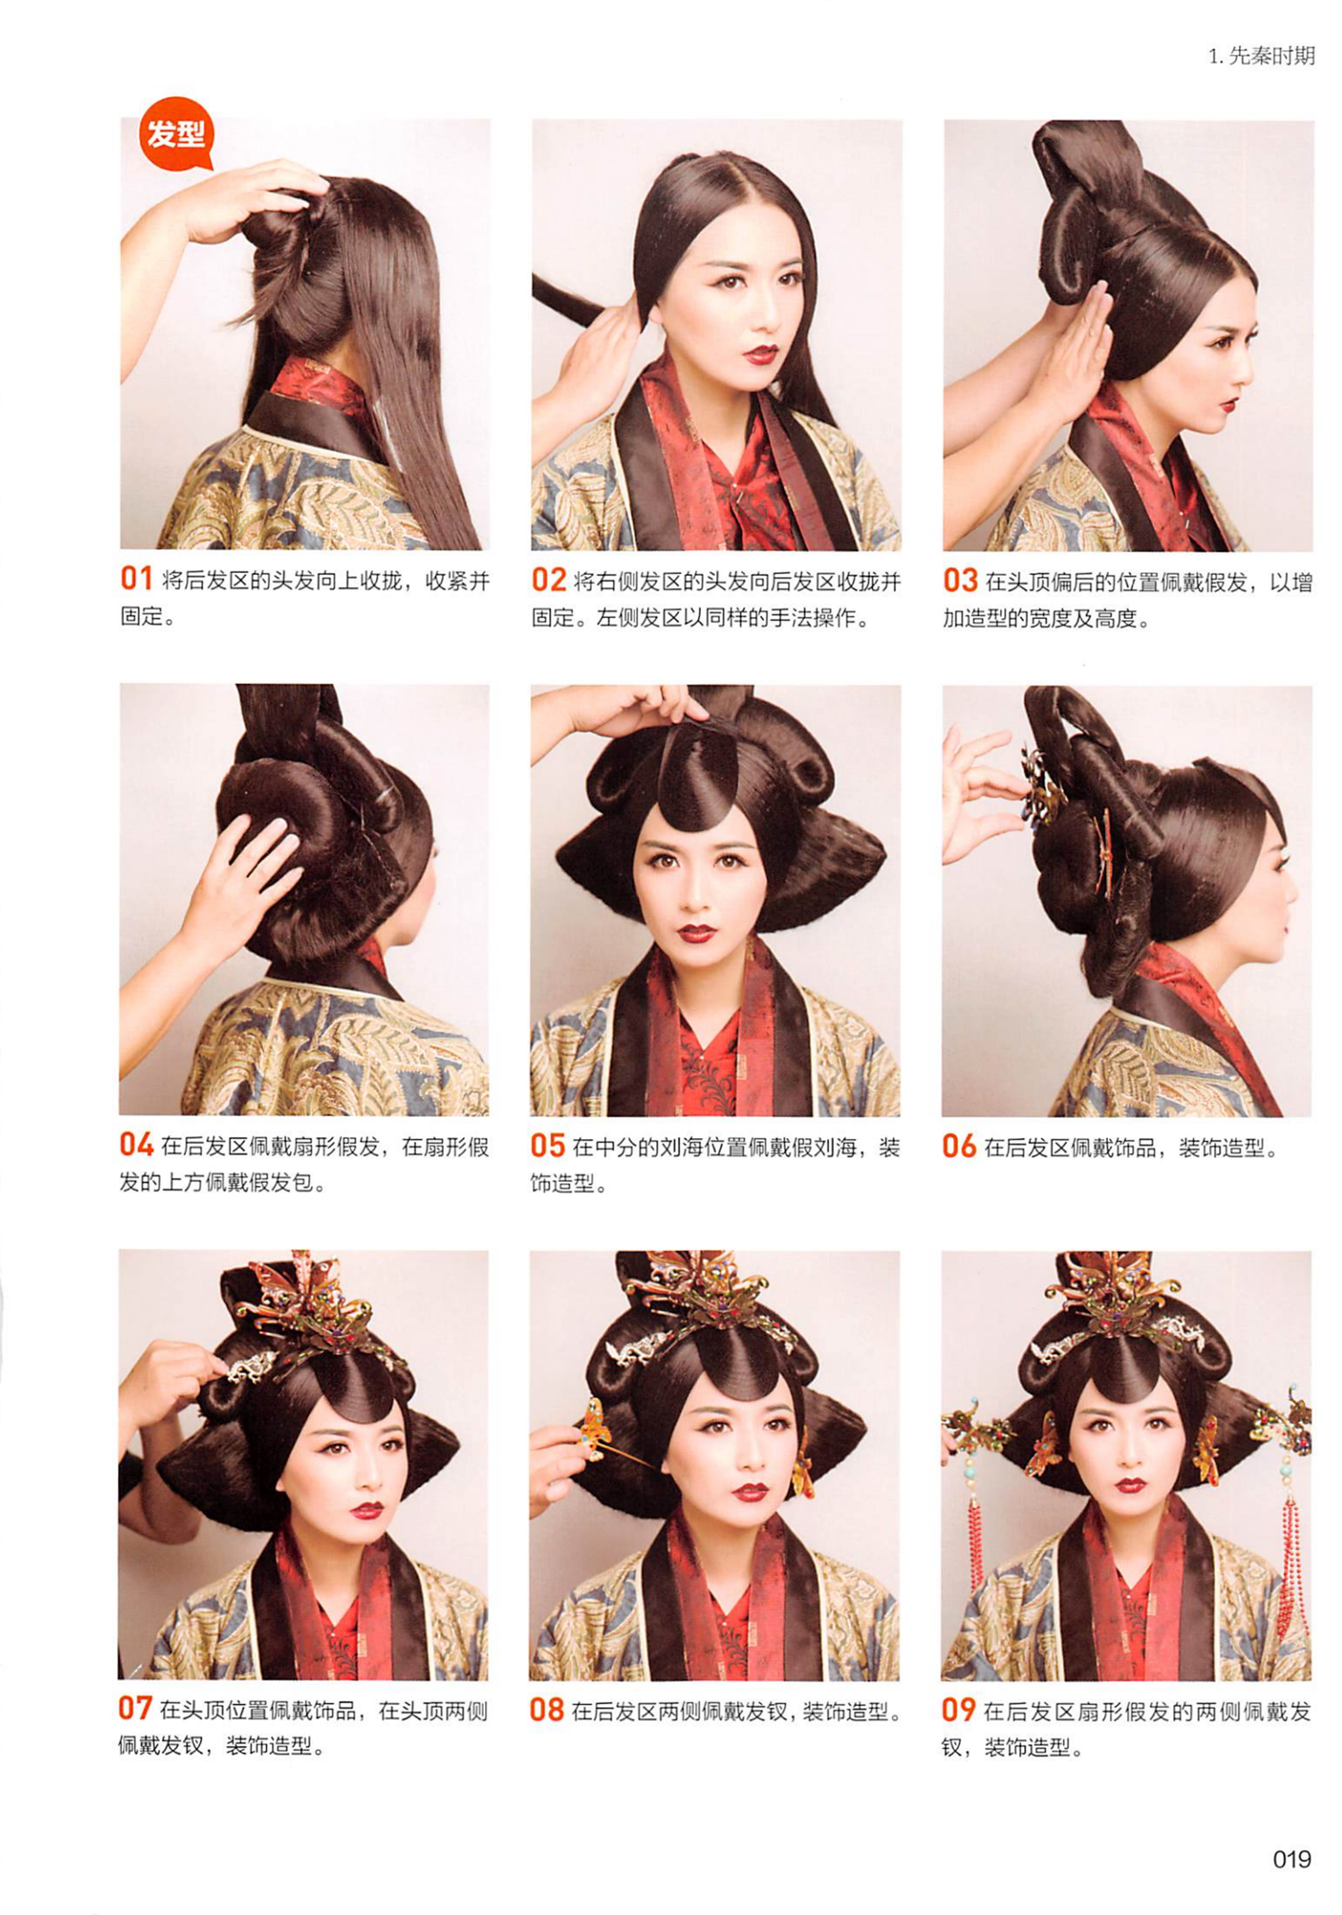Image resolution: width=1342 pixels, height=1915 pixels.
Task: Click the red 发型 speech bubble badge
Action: click(x=176, y=134)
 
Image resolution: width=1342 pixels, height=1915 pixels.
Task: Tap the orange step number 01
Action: click(x=137, y=579)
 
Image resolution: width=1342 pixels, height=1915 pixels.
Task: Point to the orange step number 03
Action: click(x=960, y=580)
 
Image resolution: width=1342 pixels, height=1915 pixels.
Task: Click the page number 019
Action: click(x=1291, y=1858)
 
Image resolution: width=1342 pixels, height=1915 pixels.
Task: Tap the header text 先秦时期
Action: click(x=1272, y=56)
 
